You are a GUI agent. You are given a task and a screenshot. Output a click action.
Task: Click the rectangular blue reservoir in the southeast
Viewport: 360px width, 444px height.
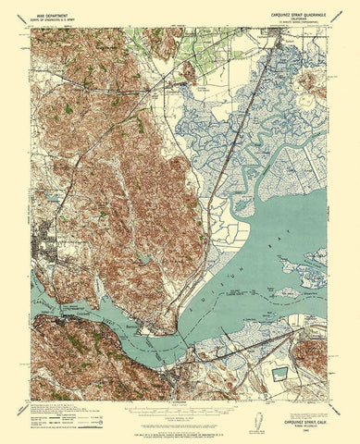pos(279,374)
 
